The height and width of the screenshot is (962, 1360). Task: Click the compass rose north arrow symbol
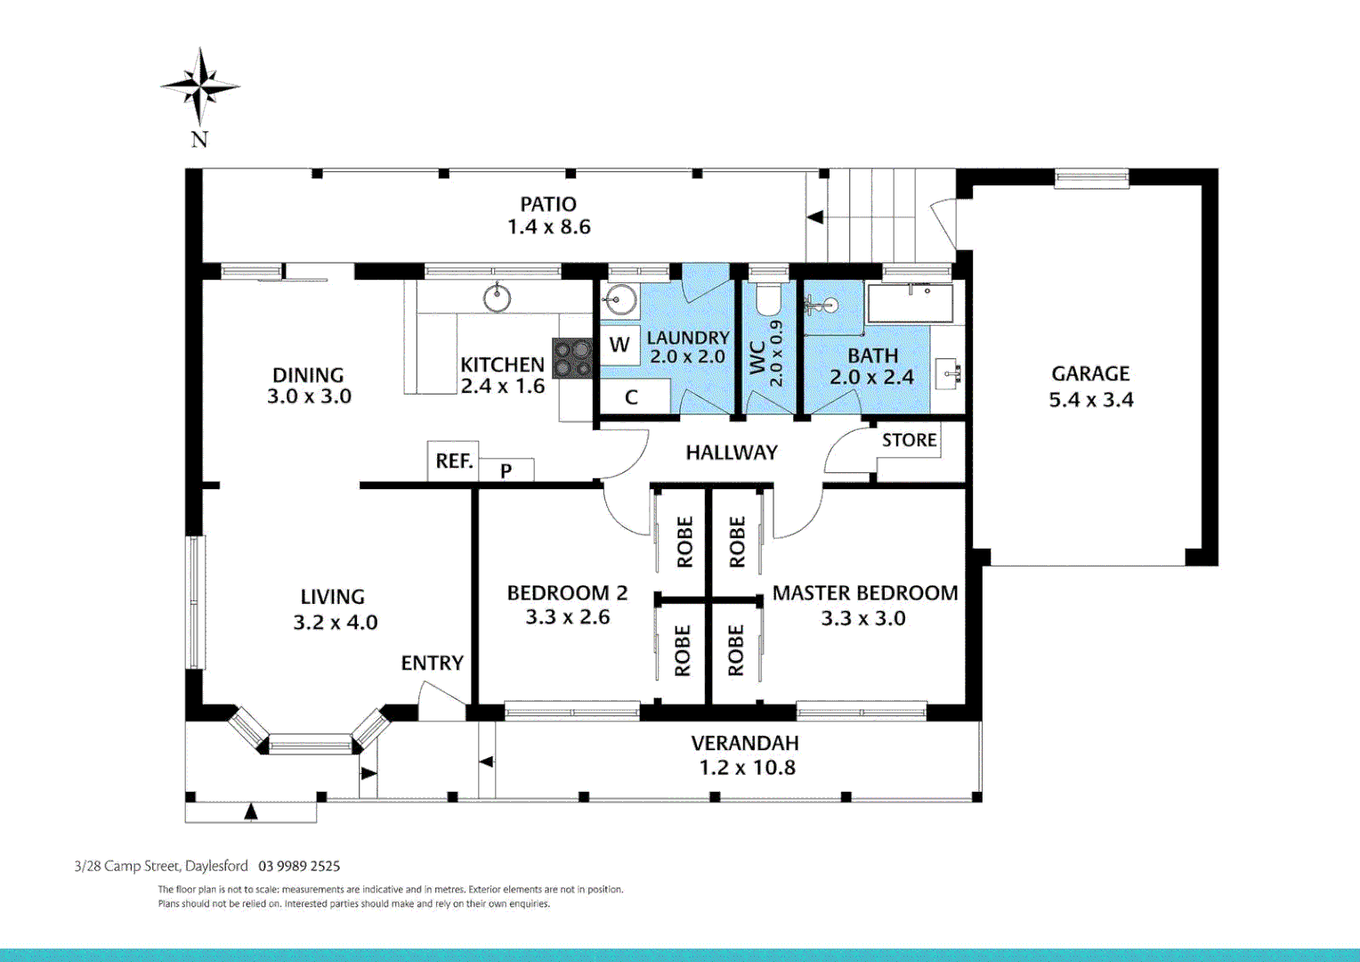tap(199, 87)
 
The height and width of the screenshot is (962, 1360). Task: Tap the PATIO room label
tap(548, 204)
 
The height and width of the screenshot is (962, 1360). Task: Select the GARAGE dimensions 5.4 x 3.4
tap(1091, 400)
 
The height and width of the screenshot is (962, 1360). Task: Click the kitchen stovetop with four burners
tap(572, 358)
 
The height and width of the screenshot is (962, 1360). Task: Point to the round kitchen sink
tap(497, 298)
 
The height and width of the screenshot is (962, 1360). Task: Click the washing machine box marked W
tap(619, 346)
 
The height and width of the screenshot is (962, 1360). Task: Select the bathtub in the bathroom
tap(910, 303)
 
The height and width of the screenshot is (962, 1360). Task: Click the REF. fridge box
tap(454, 461)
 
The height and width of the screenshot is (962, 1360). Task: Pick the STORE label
tap(909, 440)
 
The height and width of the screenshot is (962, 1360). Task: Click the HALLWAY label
tap(732, 452)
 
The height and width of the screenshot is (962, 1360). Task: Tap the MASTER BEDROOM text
tap(864, 593)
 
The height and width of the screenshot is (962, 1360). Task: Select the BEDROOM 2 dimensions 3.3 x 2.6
tap(567, 617)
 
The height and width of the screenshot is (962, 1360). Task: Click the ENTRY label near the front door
tap(433, 663)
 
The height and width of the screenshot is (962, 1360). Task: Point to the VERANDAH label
tap(745, 743)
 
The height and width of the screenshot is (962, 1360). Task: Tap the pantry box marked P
tap(506, 469)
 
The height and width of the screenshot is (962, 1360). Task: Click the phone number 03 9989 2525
tap(299, 866)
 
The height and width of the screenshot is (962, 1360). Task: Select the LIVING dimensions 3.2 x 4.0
tap(336, 623)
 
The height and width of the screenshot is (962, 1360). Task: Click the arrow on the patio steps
tap(814, 217)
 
